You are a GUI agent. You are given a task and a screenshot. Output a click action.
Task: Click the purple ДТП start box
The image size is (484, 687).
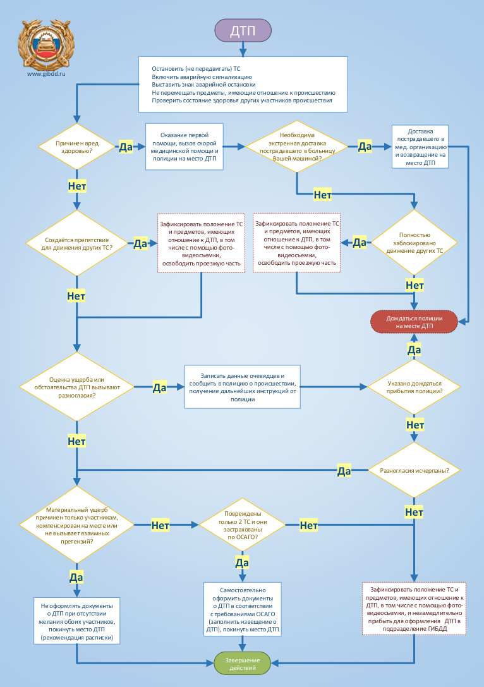coord(243,31)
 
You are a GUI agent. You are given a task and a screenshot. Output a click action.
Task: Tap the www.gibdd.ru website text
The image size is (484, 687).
coord(46,74)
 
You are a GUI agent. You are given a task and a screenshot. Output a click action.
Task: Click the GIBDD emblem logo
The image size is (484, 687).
coord(46,44)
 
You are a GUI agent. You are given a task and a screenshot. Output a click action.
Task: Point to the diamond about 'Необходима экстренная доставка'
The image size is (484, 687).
coord(297,147)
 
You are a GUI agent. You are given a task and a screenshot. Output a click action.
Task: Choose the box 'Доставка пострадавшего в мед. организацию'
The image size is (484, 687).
coord(420,146)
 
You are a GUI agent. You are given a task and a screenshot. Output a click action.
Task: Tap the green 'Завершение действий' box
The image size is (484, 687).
coord(243,663)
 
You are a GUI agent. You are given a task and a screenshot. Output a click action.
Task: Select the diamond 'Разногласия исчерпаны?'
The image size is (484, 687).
coord(414,471)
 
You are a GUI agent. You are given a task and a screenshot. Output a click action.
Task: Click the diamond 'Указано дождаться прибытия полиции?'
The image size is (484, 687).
coord(414,387)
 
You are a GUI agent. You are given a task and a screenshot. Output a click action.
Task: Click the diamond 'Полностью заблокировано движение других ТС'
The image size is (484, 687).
coord(414,243)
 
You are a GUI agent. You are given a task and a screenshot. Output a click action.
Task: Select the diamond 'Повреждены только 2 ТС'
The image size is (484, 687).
coord(242,525)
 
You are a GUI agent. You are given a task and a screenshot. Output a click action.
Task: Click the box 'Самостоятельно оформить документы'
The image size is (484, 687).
coord(242,608)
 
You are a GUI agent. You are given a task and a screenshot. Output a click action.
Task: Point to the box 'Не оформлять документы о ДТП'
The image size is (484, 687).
coord(77,621)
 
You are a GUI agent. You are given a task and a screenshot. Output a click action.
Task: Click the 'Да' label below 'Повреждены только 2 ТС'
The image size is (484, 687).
coord(242,562)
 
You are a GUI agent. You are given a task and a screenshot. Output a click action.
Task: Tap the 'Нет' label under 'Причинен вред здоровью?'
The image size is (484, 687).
coord(77,186)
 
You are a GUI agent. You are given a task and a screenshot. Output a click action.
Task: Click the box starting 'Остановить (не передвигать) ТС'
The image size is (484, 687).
coord(243,84)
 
